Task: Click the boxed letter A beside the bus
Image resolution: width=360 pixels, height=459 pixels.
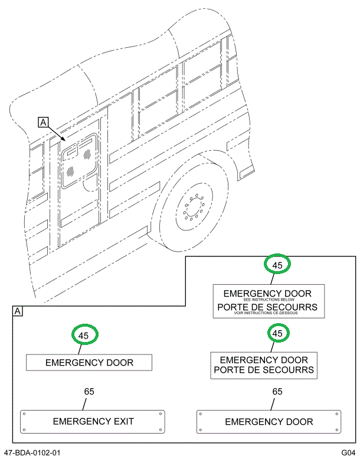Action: coord(43,122)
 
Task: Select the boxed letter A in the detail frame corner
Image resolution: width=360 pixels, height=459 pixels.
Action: coord(18,311)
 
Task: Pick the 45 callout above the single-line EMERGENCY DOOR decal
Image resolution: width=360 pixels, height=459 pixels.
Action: coord(84,335)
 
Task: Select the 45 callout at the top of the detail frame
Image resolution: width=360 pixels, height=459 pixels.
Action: coord(276,265)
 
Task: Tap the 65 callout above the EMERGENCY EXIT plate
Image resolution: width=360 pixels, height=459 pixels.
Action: coord(89,391)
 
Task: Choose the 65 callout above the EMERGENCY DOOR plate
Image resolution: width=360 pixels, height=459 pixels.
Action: coord(277,391)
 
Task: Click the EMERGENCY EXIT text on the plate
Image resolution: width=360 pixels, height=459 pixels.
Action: coord(93,421)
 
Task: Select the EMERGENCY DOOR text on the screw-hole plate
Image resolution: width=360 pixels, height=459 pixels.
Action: coord(269,422)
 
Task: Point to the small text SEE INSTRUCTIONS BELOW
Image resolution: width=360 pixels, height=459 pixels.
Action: coord(268,300)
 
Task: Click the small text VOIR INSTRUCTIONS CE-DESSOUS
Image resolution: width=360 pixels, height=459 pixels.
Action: coord(268,313)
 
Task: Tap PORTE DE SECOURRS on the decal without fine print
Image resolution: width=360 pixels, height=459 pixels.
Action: coord(264,370)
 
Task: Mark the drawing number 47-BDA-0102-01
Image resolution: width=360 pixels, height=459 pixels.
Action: coord(32,453)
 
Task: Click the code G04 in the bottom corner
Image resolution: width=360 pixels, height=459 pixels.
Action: coord(348,453)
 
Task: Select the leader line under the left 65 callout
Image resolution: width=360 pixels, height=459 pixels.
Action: coord(87,403)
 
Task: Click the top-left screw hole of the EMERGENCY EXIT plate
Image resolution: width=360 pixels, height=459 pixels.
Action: coord(24,414)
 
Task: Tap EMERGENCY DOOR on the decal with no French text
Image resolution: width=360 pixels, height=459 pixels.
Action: coord(89,362)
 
